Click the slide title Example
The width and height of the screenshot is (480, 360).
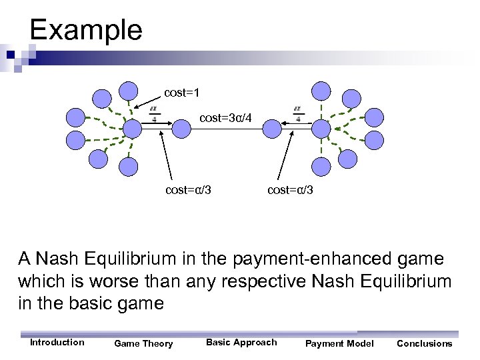86,30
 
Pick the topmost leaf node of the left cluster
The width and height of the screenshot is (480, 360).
128,91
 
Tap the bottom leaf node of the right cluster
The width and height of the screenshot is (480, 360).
322,164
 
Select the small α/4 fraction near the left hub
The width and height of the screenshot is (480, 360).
154,114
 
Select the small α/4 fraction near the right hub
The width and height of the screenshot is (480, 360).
298,114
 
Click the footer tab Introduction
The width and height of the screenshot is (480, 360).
57,343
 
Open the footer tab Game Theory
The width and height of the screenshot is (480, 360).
143,343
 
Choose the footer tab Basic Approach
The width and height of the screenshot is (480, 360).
241,343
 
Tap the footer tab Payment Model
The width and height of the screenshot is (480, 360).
339,343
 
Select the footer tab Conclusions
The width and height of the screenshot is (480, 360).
424,343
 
